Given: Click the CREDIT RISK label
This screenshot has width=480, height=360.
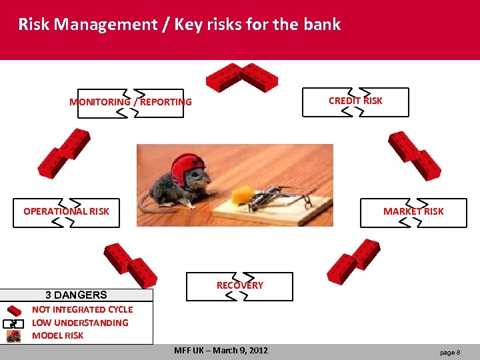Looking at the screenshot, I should (x=355, y=101).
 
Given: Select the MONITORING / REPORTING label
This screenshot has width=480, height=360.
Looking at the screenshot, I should (x=131, y=102).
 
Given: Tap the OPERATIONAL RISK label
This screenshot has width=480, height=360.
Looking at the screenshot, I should (x=66, y=211).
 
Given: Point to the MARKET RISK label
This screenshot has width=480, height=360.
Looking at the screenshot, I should (x=413, y=211).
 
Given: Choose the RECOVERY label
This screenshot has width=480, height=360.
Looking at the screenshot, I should (x=239, y=285).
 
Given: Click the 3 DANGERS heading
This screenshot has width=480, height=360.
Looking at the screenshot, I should (x=76, y=295).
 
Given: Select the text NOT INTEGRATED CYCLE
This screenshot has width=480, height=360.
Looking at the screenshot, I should (x=82, y=309).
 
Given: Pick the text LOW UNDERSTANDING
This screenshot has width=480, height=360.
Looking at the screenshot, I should (x=80, y=323).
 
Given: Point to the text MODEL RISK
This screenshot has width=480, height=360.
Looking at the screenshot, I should (x=58, y=335).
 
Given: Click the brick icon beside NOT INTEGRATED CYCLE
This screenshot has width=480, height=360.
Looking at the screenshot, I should (x=14, y=310).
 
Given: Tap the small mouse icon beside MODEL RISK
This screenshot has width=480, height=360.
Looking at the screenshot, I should (x=14, y=336).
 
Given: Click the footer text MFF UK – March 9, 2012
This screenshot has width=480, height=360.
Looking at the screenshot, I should (x=221, y=351).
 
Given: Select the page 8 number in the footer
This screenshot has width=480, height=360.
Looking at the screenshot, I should (x=450, y=352).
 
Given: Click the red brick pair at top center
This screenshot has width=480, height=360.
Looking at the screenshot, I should (x=241, y=77).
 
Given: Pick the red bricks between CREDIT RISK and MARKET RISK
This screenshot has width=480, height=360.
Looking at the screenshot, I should (x=414, y=155).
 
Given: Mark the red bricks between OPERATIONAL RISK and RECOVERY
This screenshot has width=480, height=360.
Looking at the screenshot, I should (x=130, y=265).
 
